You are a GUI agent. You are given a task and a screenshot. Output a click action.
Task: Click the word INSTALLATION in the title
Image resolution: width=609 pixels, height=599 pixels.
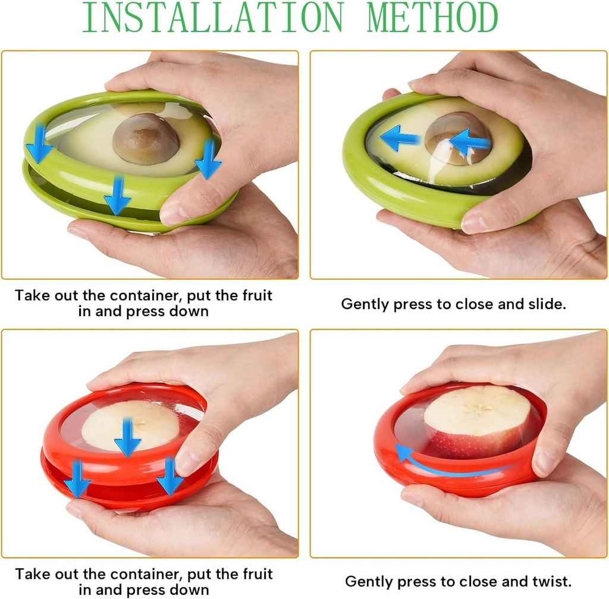click(213, 17)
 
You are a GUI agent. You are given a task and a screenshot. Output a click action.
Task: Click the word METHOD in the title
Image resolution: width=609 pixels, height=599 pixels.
click(432, 17)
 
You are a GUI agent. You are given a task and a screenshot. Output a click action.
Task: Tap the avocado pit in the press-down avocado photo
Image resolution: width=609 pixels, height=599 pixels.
click(146, 139)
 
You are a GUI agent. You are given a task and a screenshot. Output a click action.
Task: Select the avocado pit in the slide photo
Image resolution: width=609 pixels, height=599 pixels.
click(457, 138)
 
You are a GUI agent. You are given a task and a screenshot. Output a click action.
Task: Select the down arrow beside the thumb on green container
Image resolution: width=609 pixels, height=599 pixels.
click(209, 159)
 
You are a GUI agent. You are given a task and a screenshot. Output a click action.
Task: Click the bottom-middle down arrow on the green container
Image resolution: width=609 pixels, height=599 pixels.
click(117, 196)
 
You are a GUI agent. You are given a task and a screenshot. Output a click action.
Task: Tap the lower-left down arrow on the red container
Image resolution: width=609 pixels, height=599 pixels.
click(77, 479)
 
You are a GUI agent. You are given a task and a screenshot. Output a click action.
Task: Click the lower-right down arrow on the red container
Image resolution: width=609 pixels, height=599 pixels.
click(169, 476)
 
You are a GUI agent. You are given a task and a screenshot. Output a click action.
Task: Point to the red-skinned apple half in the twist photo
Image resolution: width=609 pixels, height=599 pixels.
click(478, 421)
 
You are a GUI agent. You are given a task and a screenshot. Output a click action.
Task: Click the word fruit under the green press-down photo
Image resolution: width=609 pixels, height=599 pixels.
click(258, 295)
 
